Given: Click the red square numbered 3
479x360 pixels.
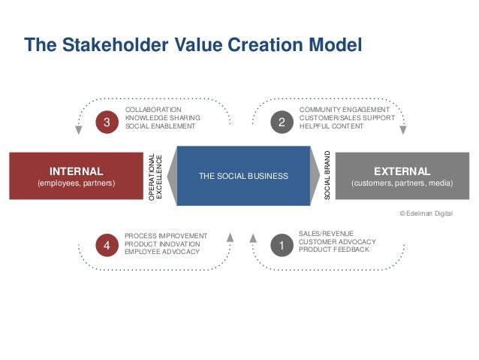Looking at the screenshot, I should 107,122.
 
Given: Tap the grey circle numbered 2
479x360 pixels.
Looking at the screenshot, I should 282,122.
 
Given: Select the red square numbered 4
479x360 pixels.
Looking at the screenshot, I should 107,245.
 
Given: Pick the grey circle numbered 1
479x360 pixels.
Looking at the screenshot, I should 282,245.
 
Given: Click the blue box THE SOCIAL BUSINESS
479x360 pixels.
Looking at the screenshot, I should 243,176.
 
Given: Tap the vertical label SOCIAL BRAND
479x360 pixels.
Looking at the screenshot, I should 327,175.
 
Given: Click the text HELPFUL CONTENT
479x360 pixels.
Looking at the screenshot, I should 331,126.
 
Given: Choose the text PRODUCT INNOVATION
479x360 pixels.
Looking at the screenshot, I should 162,244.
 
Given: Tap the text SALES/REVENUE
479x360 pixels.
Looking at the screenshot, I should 325,234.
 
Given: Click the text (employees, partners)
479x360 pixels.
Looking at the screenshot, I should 76,183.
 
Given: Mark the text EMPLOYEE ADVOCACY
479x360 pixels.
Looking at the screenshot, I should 162,252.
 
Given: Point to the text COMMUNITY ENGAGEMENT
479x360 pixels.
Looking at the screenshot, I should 344,110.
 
